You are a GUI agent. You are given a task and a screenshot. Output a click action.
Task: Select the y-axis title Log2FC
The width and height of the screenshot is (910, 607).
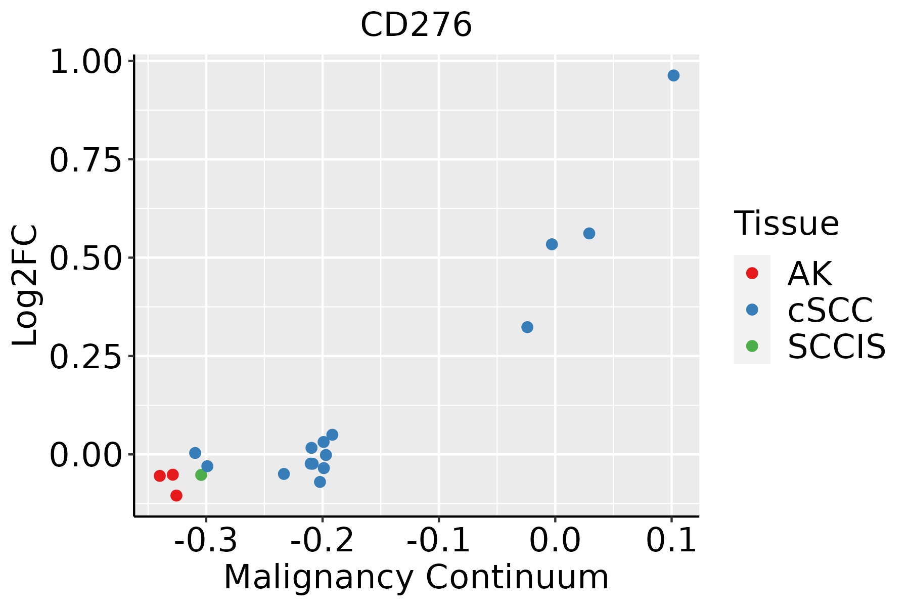click(x=25, y=285)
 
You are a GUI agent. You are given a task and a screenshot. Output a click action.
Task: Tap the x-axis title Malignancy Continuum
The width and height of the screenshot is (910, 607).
click(x=416, y=577)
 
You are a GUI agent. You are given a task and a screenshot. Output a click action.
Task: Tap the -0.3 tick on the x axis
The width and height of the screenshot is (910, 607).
click(x=206, y=540)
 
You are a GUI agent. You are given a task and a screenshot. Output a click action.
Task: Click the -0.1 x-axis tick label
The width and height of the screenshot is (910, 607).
click(x=438, y=540)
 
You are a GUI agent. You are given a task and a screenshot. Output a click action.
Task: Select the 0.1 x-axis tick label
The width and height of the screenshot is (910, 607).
click(x=671, y=540)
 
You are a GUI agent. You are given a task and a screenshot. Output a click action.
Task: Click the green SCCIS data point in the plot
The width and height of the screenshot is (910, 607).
click(x=201, y=475)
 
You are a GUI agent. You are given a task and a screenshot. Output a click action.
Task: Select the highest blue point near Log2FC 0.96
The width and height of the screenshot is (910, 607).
click(x=673, y=75)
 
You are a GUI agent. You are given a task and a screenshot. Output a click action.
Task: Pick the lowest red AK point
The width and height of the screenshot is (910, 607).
click(x=176, y=495)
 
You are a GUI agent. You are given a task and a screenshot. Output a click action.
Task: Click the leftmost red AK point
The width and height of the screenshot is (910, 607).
click(x=160, y=475)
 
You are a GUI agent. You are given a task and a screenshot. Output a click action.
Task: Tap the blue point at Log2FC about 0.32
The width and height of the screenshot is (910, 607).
click(x=527, y=327)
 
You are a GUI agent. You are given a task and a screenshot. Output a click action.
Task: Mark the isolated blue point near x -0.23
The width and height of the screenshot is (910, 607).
click(x=284, y=474)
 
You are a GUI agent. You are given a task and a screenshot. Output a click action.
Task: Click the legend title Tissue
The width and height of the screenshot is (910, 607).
click(x=786, y=223)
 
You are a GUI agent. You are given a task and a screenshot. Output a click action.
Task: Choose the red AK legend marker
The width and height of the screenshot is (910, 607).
click(x=752, y=273)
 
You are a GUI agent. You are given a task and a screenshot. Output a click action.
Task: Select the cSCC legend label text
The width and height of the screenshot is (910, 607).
click(x=830, y=310)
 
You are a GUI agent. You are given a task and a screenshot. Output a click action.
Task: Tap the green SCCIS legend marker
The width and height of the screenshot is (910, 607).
click(x=752, y=346)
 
